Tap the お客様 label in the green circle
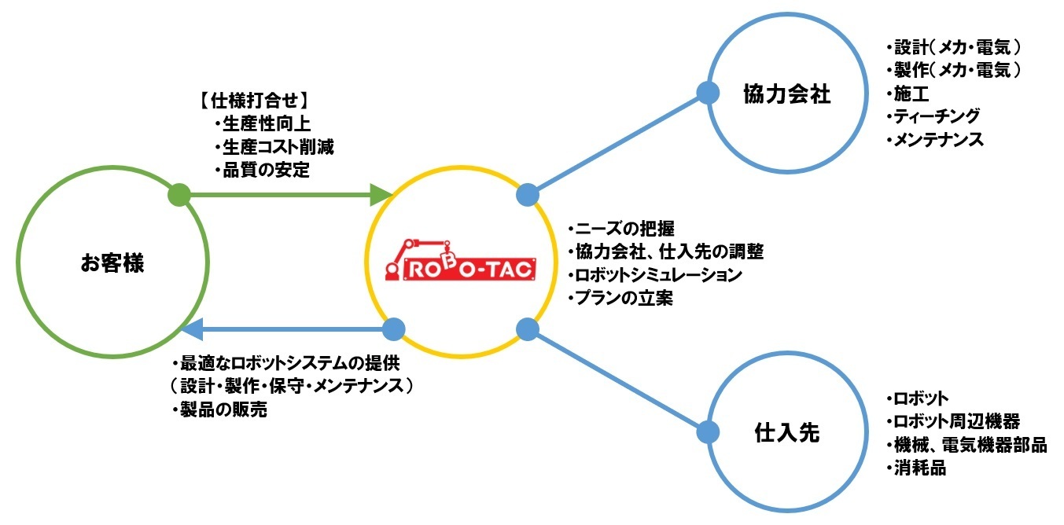[112, 263]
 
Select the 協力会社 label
[786, 94]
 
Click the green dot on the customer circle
[179, 193]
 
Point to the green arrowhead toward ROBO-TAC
[381, 193]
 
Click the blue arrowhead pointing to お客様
[193, 329]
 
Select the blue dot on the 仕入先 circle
[708, 431]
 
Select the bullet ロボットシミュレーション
[654, 275]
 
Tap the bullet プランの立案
[620, 299]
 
